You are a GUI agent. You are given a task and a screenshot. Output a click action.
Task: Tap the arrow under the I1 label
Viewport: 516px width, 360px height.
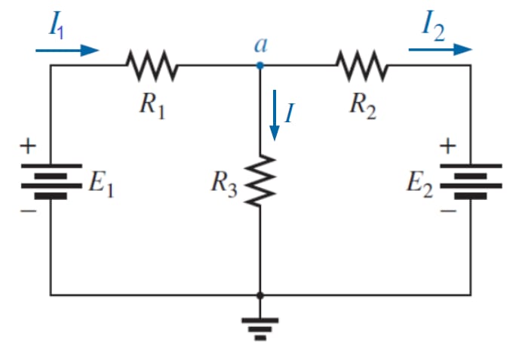click(67, 51)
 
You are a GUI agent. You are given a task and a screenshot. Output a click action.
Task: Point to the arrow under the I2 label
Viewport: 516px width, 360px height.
click(441, 50)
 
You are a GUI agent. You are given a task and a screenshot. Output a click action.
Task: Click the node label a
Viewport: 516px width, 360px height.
click(260, 45)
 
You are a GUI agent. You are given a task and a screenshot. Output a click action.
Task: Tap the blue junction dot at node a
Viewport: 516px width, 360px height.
click(260, 66)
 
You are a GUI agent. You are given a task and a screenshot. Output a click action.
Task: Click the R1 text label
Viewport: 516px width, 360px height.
click(151, 105)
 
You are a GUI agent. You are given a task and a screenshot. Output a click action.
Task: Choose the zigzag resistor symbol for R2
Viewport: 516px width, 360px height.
click(363, 66)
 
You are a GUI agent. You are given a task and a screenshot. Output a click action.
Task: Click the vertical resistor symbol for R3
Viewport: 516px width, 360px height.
click(260, 180)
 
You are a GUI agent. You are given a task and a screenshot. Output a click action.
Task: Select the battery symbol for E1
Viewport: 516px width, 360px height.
click(50, 181)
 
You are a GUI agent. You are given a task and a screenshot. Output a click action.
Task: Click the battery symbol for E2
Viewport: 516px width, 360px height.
click(471, 181)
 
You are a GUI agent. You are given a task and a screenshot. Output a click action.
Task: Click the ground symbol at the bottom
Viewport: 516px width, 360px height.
click(260, 326)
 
